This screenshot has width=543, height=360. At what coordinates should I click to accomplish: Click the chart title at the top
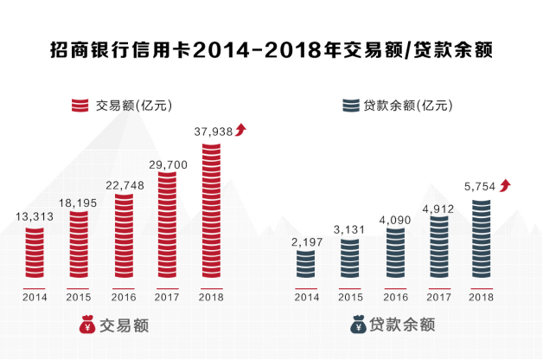pyautogui.click(x=271, y=48)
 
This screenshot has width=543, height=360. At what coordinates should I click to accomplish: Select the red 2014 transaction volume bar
pyautogui.click(x=34, y=254)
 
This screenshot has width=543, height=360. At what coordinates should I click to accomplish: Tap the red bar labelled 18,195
pyautogui.click(x=79, y=246)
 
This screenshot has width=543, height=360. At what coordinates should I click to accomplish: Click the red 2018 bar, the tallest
pyautogui.click(x=212, y=211)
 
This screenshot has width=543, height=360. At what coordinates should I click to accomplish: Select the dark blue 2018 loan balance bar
pyautogui.click(x=482, y=241)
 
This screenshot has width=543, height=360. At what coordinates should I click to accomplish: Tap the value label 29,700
pyautogui.click(x=168, y=164)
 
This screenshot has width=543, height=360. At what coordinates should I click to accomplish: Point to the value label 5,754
pyautogui.click(x=479, y=186)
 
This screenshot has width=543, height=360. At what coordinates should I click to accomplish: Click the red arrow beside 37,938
pyautogui.click(x=241, y=130)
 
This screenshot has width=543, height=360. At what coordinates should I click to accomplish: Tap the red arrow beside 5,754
pyautogui.click(x=505, y=185)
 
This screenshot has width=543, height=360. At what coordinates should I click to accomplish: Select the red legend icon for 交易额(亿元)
pyautogui.click(x=81, y=106)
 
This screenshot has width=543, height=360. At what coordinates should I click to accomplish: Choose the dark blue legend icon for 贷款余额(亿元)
pyautogui.click(x=350, y=106)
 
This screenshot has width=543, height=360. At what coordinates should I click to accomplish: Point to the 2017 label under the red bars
pyautogui.click(x=168, y=298)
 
